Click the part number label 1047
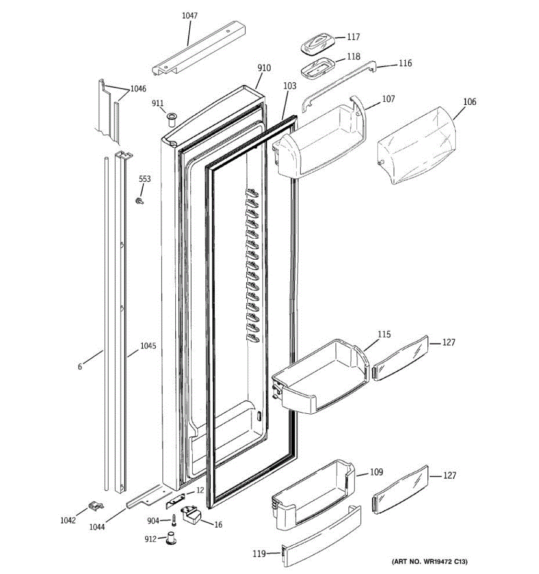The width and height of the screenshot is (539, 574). coord(189,16)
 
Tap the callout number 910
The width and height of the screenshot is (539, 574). coord(264,68)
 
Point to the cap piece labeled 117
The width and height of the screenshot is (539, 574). coord(317,44)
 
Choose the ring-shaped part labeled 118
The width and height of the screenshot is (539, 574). coord(316,68)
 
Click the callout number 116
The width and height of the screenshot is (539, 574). coord(405,63)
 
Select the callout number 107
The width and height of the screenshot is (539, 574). coord(388,99)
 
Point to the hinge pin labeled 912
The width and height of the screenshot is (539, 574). coord(172,538)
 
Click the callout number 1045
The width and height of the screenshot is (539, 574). coord(148,346)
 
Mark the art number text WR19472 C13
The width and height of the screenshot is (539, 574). coord(429,561)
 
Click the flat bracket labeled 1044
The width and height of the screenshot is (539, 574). coord(144,497)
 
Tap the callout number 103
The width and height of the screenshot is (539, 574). coord(289,86)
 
